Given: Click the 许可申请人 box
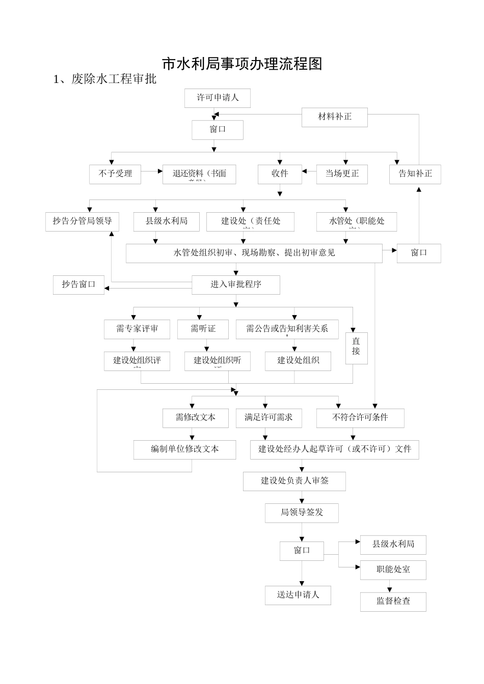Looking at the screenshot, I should coord(218,98).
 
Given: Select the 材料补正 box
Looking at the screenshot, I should coord(335,117).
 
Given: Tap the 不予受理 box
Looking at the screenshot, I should coord(115,174).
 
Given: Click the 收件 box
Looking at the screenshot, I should coord(280,174).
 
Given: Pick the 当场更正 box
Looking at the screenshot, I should coord(342,174).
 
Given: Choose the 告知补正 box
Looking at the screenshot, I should coord(415,174).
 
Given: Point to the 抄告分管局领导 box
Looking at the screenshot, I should coord(82,221).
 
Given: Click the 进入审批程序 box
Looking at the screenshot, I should coord(236,285).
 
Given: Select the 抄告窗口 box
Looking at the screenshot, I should coord(78,285).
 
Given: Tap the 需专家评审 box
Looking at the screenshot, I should coord(137,329).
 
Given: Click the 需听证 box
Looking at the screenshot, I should coord(203,329).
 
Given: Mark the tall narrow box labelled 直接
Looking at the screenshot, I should coord(356,348).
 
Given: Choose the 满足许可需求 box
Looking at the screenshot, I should coord(268,418).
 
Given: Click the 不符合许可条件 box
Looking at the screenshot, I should coord(360,418).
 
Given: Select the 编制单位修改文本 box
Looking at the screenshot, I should coord(185,449).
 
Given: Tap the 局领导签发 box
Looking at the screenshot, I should coord(302,512).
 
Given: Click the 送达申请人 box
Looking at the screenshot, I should coord(298,595).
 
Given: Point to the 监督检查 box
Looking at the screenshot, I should coord(393,602).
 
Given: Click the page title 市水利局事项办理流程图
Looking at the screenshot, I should coord(242,64).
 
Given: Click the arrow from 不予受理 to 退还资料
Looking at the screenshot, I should coord(151,172).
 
